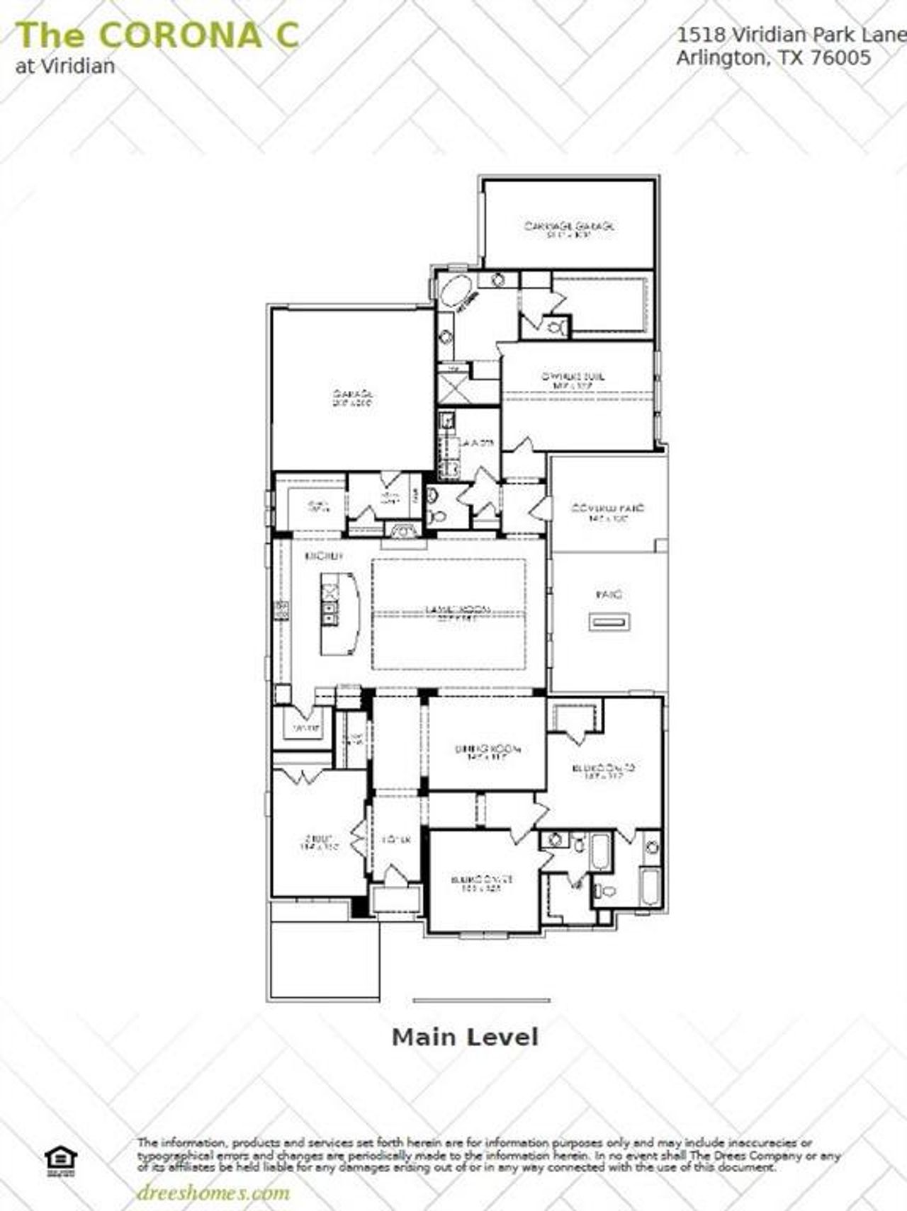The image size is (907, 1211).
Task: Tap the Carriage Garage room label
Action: point(569,228)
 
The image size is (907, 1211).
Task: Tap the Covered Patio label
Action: point(607,512)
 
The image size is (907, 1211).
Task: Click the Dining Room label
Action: point(488,751)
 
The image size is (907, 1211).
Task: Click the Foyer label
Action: point(396,841)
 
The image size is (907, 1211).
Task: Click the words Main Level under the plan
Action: point(465,1037)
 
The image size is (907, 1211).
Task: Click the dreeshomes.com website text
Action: point(213,1193)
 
